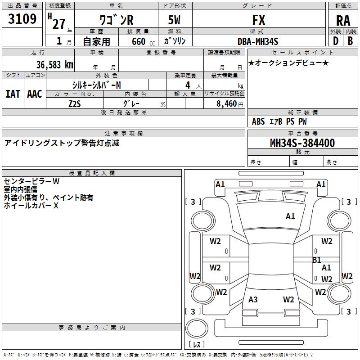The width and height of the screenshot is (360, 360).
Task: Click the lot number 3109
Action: pos(22,19)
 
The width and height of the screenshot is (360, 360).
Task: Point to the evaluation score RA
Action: pos(343,21)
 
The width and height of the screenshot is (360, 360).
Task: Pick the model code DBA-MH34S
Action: pos(258,41)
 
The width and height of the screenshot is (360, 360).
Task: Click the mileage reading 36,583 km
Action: pos(54,64)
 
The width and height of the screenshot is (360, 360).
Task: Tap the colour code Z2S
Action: pos(75,103)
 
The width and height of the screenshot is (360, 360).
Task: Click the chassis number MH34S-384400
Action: pos(302,143)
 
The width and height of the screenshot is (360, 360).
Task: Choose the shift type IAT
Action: pos(13,94)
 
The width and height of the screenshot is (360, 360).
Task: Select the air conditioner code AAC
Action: pos(34,94)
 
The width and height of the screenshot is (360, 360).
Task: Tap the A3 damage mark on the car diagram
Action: pos(253,300)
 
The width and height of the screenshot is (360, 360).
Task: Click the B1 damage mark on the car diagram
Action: pos(317,260)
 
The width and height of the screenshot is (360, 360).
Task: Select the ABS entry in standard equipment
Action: pos(258,121)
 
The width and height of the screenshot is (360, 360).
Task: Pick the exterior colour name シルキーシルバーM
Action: pos(96,85)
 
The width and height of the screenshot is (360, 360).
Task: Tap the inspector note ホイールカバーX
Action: pos(31,206)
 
